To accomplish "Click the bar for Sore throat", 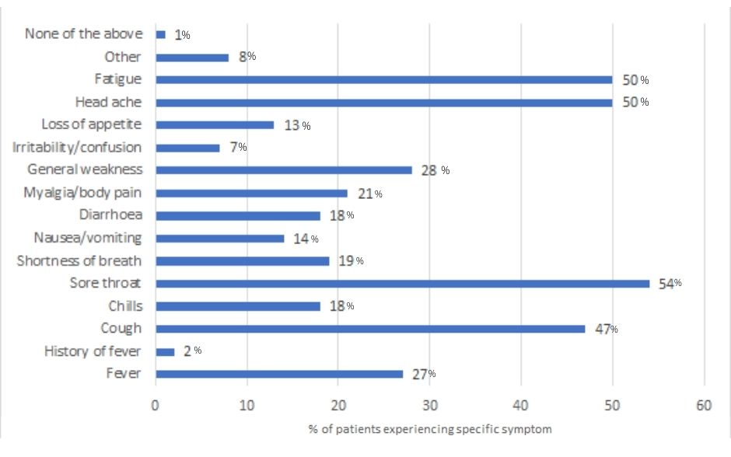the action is pos(403,284).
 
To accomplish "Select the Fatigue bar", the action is pos(384,80).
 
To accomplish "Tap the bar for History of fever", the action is pos(165,352).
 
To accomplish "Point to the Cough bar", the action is pos(371,329).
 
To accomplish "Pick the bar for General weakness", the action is pos(284,170).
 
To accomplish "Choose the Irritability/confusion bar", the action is pos(188,148).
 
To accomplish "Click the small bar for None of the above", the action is pos(161,34).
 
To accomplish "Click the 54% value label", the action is pos(670,283).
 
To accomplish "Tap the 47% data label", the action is pos(607,329).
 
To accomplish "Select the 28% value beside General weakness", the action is pos(435,170).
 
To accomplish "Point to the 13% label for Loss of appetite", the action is pos(297,125).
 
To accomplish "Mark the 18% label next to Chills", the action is pos(341,306).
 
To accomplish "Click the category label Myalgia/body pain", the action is pos(82,193).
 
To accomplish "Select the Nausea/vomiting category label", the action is pos(88,238).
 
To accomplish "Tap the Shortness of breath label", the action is pos(79,260).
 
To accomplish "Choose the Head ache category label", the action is pos(109,102).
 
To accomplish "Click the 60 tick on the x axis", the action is pos(704,405).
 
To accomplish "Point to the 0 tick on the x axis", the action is pos(156,405).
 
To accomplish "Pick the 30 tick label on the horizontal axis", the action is pos(430,405).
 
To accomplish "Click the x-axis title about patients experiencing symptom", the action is pos(430,429).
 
